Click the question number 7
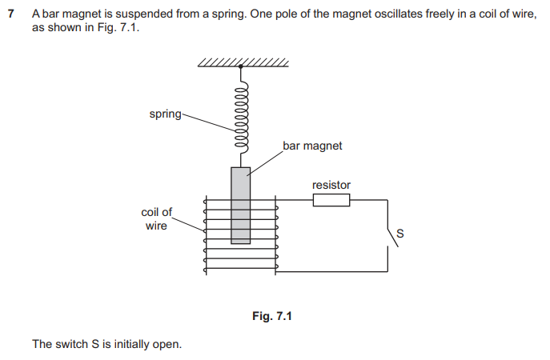(11, 14)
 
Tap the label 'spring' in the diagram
(165, 114)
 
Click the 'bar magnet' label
(312, 146)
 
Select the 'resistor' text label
(331, 185)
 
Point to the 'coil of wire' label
(156, 219)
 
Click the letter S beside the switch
(399, 234)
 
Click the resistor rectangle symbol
(331, 200)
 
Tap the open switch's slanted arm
(393, 238)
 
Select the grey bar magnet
(241, 206)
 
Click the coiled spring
(241, 118)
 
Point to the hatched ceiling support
(243, 62)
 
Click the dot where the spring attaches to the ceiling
(241, 66)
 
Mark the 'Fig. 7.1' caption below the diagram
(272, 316)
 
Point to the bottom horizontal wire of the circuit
(331, 272)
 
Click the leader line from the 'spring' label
(209, 122)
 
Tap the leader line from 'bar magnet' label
(265, 163)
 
